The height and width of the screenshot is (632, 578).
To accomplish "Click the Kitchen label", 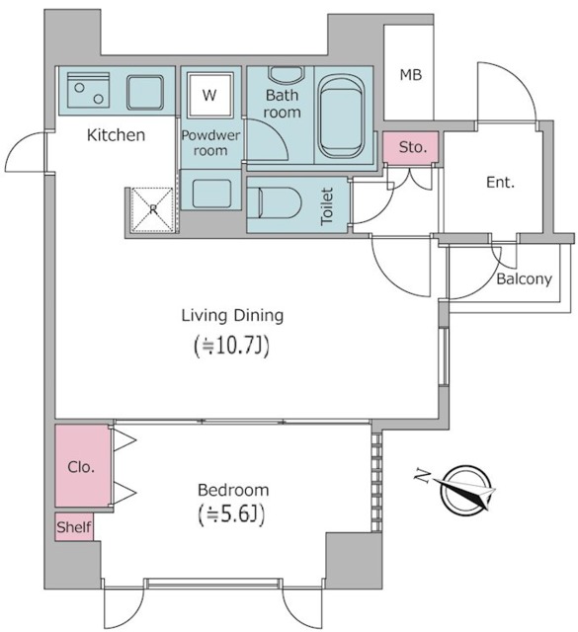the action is coord(117,135).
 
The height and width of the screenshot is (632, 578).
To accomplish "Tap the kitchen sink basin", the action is coord(145,93).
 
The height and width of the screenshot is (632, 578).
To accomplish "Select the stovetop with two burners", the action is coord(88,90).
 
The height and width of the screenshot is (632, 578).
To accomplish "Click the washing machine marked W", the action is coord(210,95).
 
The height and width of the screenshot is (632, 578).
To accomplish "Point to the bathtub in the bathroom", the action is coord(341,117).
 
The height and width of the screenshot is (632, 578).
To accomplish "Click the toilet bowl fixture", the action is coord(275,203).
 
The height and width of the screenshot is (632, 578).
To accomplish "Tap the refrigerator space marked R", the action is coord(153,209).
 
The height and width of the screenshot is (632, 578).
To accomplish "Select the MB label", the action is coord(411,75).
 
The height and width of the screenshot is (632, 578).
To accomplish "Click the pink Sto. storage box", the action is coord(411,147).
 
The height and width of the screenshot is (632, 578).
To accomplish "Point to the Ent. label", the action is coord(500,183).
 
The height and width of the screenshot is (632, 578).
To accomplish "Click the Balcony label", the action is coord(524,278).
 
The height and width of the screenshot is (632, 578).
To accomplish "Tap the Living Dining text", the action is coord(233,316).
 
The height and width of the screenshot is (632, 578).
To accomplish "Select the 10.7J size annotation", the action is coord(231,347).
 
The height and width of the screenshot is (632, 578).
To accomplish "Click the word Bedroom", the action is coord(233,490).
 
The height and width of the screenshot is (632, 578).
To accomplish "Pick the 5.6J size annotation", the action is coord(231,514).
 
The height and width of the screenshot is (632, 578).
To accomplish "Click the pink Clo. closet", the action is coord(82,465).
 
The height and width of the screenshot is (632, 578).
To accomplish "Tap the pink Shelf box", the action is coord(74,526).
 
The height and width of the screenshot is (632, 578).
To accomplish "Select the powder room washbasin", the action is coord(211,194).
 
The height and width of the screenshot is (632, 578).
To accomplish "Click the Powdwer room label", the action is coord(210,142).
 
